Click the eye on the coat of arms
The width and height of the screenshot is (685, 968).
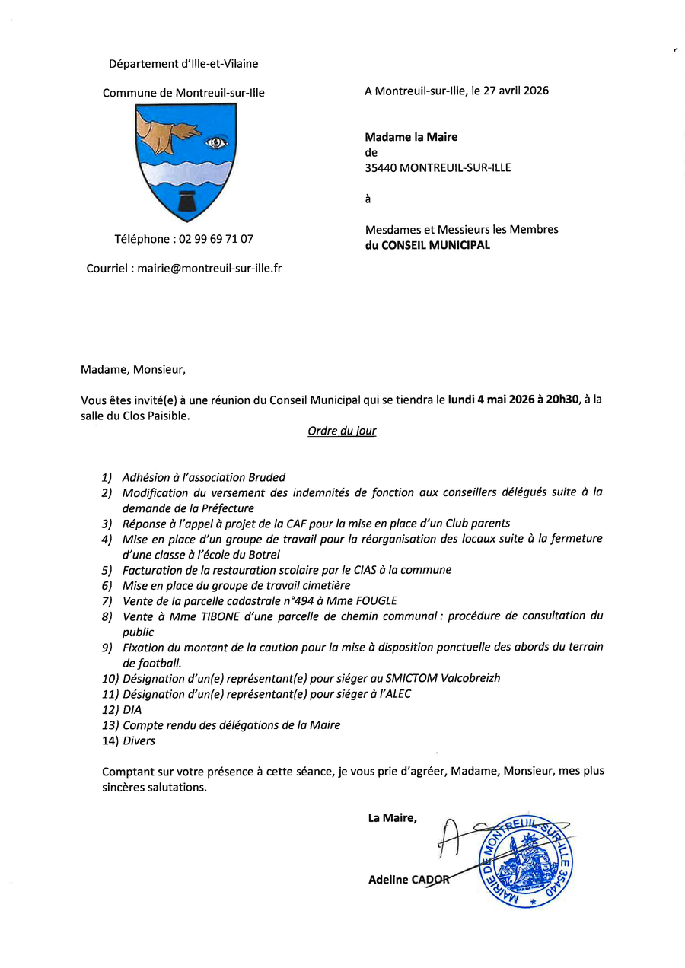point(216,142)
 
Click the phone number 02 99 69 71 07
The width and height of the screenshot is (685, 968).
point(216,239)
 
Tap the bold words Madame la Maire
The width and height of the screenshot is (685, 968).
point(411,138)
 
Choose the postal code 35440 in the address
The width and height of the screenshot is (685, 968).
point(381,168)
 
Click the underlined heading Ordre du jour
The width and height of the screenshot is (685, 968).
point(342,431)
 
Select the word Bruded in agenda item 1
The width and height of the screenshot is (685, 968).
point(267,477)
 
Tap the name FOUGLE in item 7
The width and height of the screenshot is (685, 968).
point(374,600)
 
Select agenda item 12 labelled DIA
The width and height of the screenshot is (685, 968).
point(132,709)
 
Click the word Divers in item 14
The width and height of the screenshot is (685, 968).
point(139,740)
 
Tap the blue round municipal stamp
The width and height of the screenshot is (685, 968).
point(525,861)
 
